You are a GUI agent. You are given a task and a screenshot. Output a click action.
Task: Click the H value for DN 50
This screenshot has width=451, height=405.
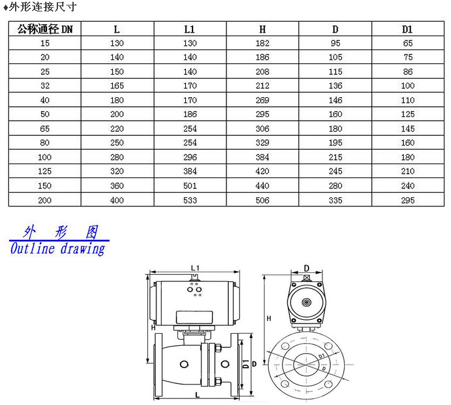click(262, 114)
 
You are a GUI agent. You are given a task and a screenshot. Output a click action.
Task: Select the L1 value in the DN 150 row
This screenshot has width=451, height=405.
click(190, 185)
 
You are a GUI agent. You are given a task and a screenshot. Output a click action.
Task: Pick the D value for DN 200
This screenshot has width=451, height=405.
click(335, 200)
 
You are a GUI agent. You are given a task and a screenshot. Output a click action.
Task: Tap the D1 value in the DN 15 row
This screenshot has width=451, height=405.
click(408, 43)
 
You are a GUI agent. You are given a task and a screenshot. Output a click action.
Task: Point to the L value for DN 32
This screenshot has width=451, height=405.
click(117, 86)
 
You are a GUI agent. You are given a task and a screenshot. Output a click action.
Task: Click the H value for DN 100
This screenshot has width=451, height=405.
click(262, 157)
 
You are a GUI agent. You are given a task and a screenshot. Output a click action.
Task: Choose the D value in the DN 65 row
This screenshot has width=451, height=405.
click(335, 129)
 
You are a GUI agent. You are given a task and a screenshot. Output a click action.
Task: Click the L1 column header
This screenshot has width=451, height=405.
click(190, 29)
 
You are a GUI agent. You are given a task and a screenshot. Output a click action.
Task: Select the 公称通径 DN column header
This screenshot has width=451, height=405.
click(45, 29)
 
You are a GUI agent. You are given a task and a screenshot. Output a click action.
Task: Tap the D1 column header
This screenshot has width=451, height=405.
click(408, 29)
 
